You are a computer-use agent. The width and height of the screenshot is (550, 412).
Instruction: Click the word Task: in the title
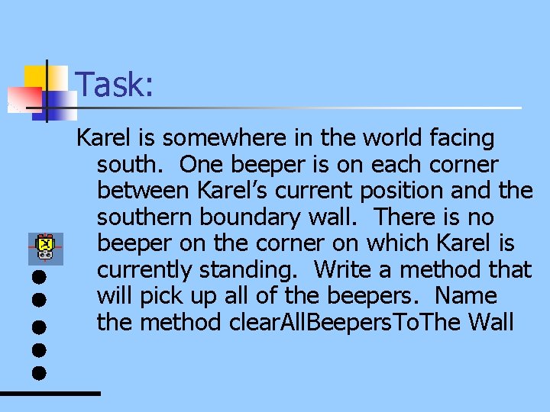coord(115,85)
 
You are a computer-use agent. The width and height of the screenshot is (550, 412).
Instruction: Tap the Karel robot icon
coord(45,246)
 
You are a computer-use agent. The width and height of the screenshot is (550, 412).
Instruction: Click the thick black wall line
coord(50,393)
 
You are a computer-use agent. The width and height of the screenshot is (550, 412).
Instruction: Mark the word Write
coord(343,270)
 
